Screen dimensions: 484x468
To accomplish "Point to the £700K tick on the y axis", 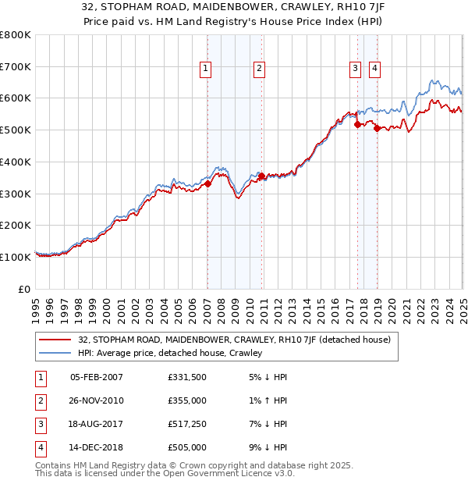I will (16, 66).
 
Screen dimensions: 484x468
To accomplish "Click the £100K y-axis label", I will (16, 257).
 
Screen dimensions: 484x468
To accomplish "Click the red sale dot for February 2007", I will (207, 184).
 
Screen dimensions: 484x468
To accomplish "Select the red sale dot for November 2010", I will (261, 176).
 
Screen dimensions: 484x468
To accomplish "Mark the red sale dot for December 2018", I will (377, 129).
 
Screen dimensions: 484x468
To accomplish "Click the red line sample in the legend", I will (55, 340).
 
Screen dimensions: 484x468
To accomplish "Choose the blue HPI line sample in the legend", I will (55, 353).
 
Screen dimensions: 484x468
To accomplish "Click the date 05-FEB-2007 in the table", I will (97, 378).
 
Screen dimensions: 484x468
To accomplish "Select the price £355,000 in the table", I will (187, 400).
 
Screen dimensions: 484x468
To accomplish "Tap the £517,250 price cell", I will (187, 424).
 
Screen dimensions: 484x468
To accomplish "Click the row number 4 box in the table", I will (39, 447).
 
